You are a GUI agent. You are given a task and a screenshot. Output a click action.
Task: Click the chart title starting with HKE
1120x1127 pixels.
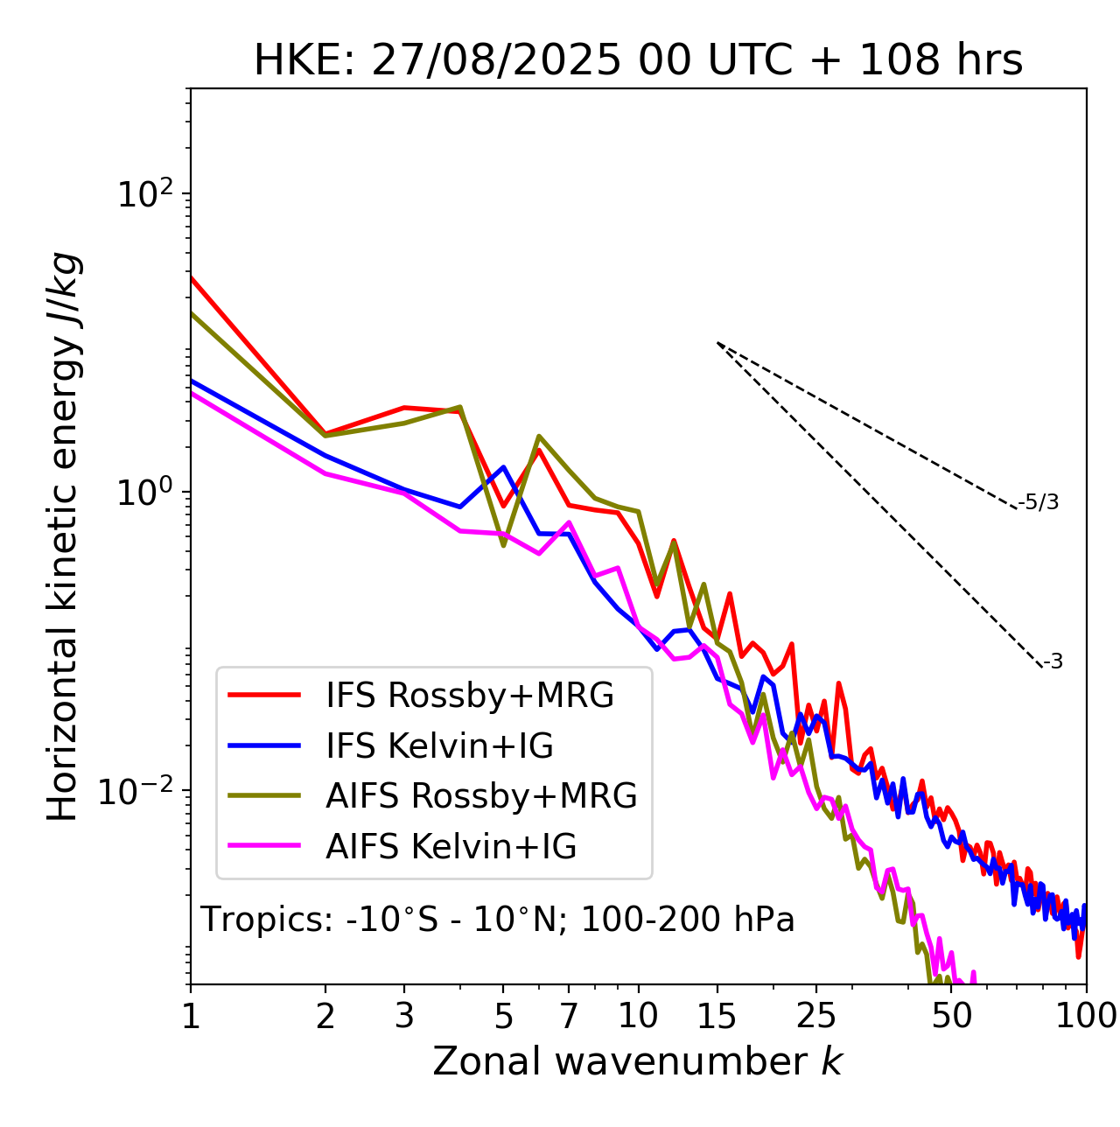point(638,61)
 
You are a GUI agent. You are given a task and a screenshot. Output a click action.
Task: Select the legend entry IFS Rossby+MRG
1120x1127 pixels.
point(469,696)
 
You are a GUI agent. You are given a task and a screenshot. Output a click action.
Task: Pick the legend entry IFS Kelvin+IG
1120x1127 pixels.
point(439,745)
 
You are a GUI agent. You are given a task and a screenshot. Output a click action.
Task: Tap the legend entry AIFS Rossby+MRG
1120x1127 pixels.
point(481,796)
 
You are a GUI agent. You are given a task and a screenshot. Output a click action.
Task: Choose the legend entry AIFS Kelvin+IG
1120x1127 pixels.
point(451,847)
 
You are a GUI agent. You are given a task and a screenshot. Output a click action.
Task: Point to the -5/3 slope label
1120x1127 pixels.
point(1039,503)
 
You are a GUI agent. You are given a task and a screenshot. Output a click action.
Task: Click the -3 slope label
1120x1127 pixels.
point(1053,662)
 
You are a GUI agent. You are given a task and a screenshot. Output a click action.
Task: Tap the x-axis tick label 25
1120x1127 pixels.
point(816,1016)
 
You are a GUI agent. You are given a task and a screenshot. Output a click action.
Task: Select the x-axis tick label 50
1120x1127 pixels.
point(951,1016)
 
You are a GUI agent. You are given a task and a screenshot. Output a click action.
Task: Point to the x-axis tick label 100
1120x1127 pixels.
point(1085,1016)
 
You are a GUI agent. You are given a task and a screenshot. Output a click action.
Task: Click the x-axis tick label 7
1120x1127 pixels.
point(569,1016)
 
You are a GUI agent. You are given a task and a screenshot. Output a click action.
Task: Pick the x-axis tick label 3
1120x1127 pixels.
point(404,1016)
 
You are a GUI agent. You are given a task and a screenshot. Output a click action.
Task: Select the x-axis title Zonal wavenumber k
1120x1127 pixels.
point(637,1061)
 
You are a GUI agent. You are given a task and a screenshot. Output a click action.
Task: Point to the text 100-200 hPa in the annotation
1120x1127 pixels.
point(688,920)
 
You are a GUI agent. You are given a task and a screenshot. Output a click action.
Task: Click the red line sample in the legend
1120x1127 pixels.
point(264,696)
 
